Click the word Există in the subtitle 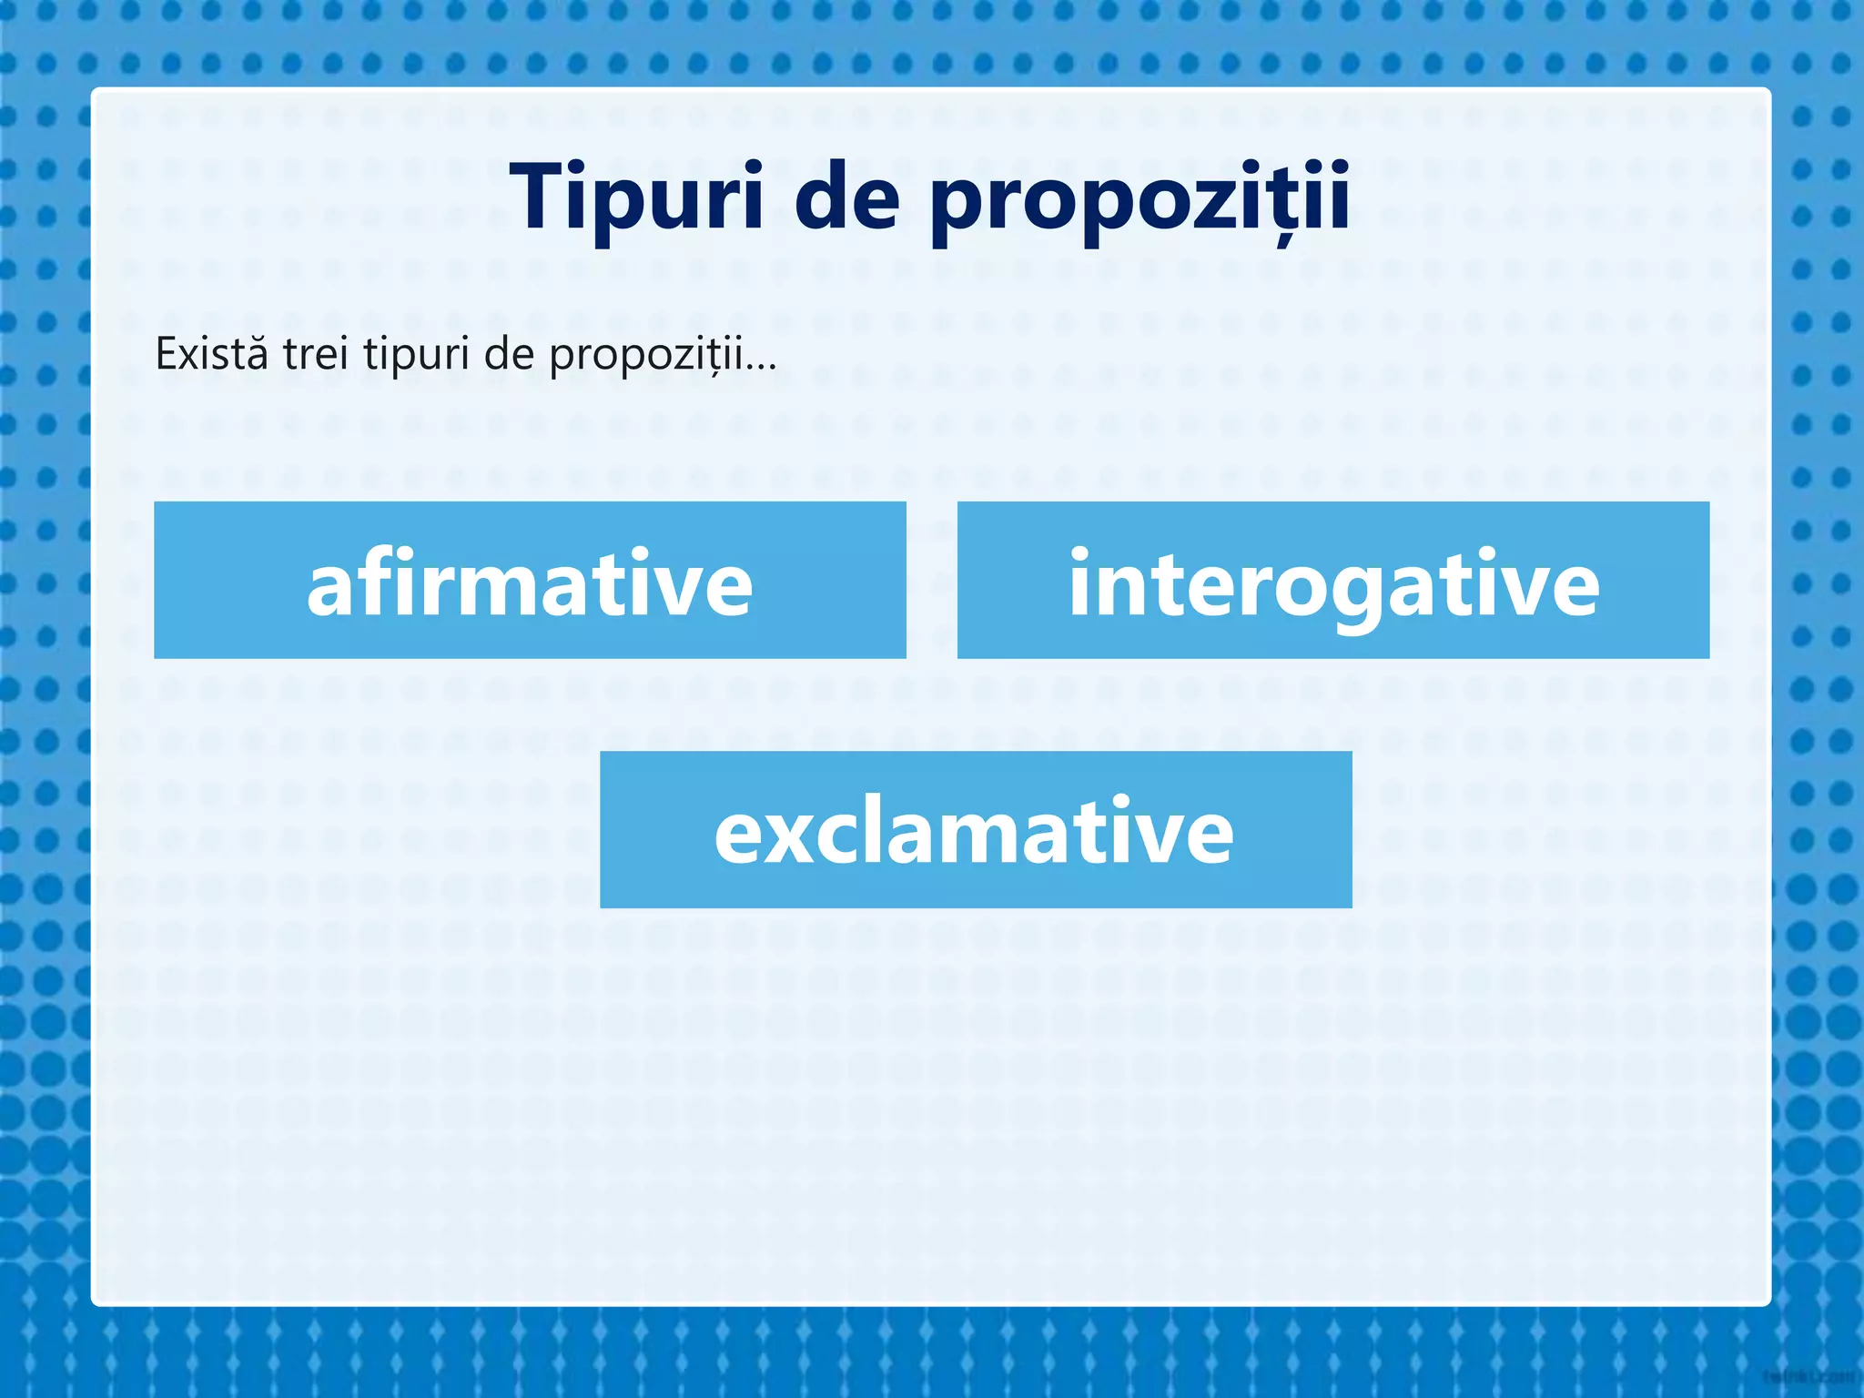(x=212, y=353)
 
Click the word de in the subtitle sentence (x=509, y=353)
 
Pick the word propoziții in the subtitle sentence (x=645, y=355)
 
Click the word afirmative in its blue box (x=530, y=582)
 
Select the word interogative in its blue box (x=1333, y=582)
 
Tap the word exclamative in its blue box (x=974, y=831)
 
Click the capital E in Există (x=167, y=353)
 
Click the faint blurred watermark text (x=1811, y=1377)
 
